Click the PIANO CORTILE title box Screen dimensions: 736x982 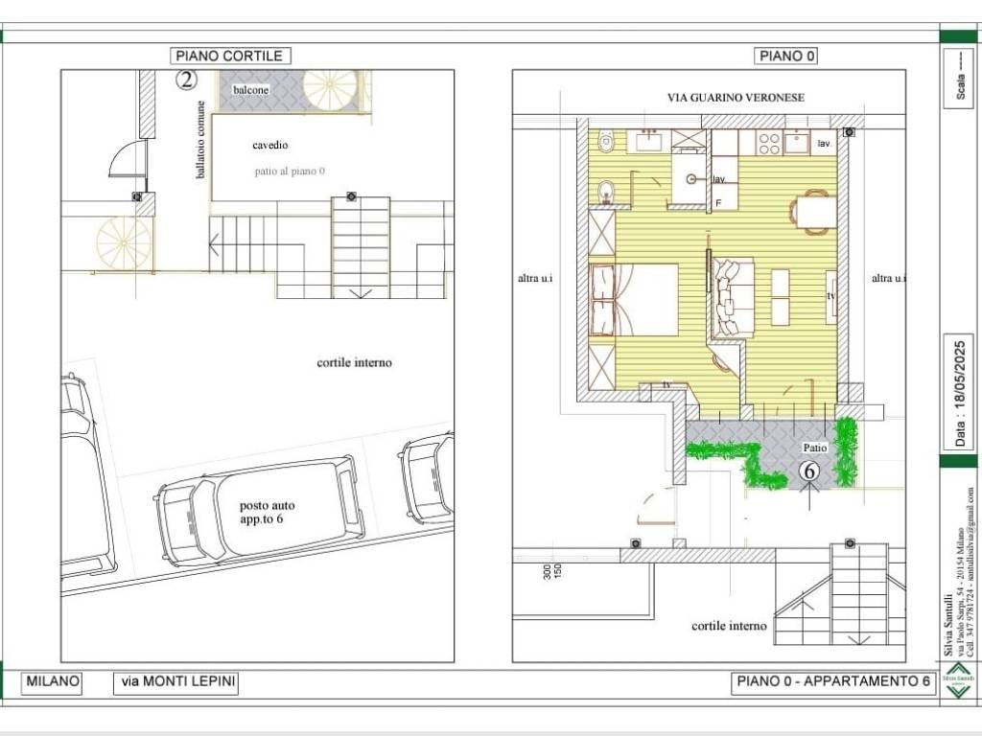click(x=230, y=57)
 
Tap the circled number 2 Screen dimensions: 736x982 click(x=186, y=80)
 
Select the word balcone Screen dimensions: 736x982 click(x=251, y=89)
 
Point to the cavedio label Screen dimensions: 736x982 click(x=270, y=146)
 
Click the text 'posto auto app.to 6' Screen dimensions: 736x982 click(x=268, y=513)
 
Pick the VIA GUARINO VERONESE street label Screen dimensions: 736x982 click(x=736, y=98)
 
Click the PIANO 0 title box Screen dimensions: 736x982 click(x=786, y=57)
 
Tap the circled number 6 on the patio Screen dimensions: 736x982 click(x=808, y=471)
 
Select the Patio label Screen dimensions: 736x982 click(x=814, y=448)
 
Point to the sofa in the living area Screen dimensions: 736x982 click(x=734, y=297)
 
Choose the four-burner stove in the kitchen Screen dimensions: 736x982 click(x=768, y=143)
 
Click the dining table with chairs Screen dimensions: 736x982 click(x=813, y=211)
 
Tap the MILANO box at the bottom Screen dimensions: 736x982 click(x=52, y=682)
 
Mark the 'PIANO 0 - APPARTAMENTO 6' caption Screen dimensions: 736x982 click(x=832, y=682)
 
